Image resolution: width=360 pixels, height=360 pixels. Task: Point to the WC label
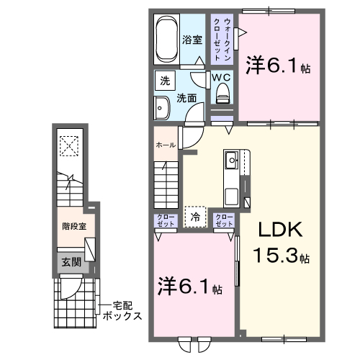click(220, 75)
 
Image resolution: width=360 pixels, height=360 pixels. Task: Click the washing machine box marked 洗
click(164, 81)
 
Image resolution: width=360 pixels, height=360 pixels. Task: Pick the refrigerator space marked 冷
click(194, 215)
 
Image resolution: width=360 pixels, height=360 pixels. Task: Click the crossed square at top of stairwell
click(70, 145)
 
